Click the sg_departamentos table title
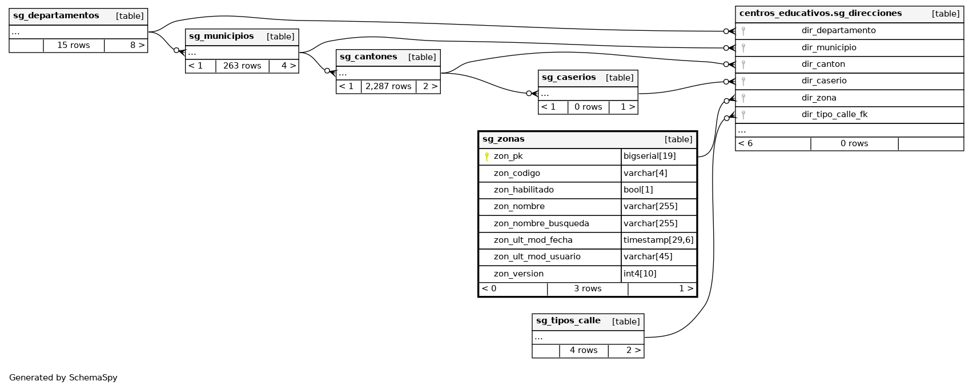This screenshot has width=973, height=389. [x=56, y=16]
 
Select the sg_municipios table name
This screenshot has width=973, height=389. [x=222, y=37]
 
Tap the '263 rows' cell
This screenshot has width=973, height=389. [x=242, y=66]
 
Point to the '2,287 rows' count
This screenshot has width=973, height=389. [x=388, y=87]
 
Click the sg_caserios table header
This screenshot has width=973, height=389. [x=569, y=78]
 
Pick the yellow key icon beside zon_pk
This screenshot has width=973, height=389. [x=486, y=157]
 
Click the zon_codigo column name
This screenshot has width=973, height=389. [x=517, y=173]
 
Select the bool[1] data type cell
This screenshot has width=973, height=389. [x=638, y=190]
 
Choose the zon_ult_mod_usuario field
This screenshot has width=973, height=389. [x=537, y=257]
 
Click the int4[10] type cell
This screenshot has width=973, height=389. [x=640, y=274]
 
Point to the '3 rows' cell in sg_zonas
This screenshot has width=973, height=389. [x=588, y=289]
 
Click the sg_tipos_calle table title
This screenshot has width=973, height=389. [x=568, y=321]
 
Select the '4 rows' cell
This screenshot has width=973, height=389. [x=584, y=351]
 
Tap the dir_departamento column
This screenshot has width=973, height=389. [x=838, y=31]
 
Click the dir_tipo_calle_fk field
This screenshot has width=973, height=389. [x=834, y=115]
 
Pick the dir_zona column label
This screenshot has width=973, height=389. [x=819, y=98]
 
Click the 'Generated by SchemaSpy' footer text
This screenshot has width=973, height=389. [x=63, y=378]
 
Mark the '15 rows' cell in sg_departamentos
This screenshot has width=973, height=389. [x=74, y=45]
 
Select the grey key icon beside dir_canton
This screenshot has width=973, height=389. [x=743, y=65]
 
